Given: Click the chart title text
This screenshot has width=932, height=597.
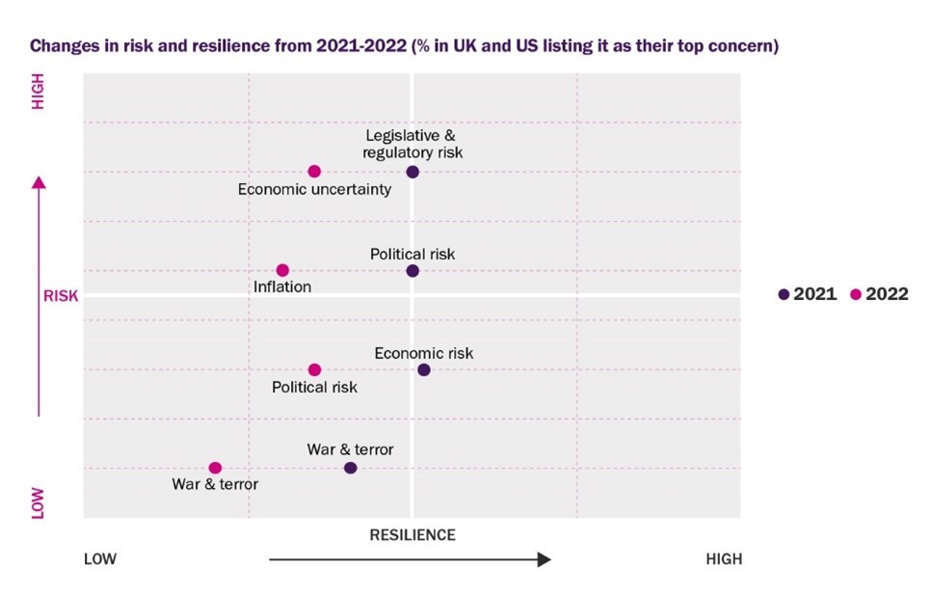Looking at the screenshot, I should click(404, 45).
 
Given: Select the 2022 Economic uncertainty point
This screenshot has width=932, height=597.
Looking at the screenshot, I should click(314, 172).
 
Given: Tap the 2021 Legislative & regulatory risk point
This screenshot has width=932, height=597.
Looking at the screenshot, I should click(413, 172).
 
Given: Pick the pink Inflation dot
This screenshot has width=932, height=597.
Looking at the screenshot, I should click(282, 270).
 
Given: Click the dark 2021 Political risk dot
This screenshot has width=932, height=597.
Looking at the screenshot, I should click(413, 271).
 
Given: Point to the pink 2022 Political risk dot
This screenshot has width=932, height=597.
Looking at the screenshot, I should click(314, 369).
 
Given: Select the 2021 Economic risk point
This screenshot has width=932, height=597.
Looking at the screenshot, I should click(424, 369).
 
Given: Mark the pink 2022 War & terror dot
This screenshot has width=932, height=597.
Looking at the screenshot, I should click(215, 468).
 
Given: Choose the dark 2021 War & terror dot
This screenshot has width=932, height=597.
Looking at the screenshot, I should click(350, 468).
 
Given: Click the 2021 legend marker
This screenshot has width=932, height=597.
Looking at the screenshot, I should click(785, 295).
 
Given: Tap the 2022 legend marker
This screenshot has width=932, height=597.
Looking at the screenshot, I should click(856, 295).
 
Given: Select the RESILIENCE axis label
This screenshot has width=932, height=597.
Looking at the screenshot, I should click(413, 534).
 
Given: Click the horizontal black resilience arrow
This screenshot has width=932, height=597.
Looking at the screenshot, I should click(410, 559).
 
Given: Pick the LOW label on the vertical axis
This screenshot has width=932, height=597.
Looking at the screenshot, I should click(39, 502).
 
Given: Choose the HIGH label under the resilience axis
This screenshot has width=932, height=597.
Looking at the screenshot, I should click(724, 559).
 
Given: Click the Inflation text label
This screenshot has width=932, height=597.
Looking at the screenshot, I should click(282, 287).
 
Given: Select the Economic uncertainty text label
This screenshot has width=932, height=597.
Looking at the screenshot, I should click(314, 189).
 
